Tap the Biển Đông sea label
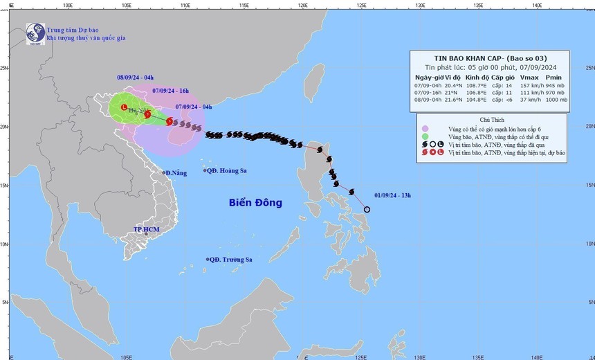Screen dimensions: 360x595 click(x=256, y=203)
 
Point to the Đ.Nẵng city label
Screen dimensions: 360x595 click(x=175, y=172)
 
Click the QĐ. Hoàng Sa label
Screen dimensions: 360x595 click(x=228, y=170)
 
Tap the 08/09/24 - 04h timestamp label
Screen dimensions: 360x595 click(x=135, y=78)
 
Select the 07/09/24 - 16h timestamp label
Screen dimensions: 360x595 click(x=170, y=91)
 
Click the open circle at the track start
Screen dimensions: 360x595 click(x=367, y=209)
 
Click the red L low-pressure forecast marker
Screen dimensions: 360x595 click(x=124, y=108)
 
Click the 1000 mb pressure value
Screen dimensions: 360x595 click(x=554, y=100)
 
